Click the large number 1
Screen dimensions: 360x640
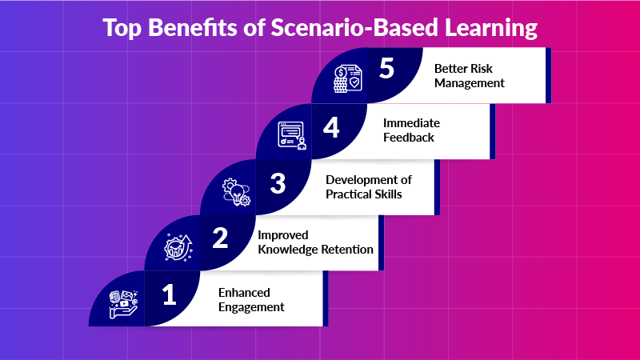coord(169,296)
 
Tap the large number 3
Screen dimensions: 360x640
coord(278,183)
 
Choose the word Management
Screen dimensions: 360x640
coord(469,82)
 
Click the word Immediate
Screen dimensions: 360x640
coord(411,123)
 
